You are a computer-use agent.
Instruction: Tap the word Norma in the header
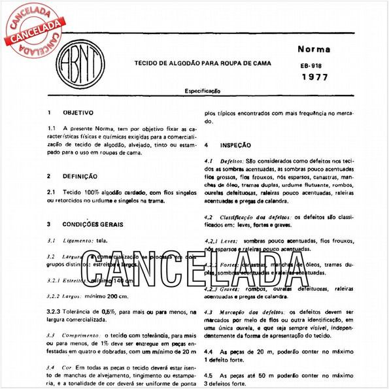point(314,49)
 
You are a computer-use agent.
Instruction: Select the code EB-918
point(311,66)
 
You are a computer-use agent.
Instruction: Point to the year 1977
point(315,78)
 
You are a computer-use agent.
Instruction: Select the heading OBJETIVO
point(79,112)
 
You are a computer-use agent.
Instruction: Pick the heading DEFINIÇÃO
point(80,176)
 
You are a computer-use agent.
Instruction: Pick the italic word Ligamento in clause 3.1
point(78,241)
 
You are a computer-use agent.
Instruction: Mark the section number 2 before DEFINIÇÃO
point(49,176)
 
